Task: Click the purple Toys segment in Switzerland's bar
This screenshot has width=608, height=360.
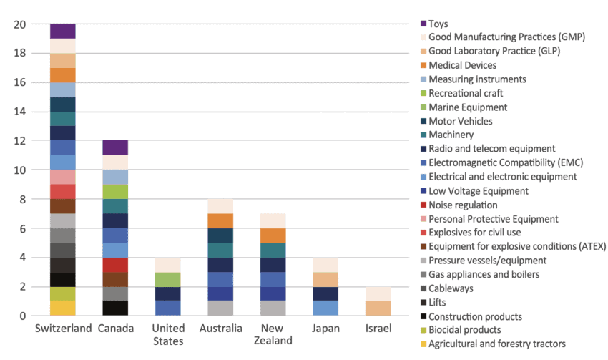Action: [x=63, y=31]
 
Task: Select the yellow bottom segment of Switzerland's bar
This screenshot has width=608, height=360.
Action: [x=63, y=308]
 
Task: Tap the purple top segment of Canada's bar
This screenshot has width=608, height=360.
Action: [x=115, y=147]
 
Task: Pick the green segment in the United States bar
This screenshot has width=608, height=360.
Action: [x=168, y=279]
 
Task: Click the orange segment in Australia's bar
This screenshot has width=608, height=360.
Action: [x=220, y=220]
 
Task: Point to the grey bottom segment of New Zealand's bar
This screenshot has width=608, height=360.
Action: [x=273, y=308]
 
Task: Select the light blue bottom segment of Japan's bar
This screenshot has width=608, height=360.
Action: [x=325, y=308]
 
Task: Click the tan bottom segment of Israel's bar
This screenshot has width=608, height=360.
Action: [x=378, y=308]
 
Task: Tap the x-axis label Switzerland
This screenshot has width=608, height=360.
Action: [x=64, y=329]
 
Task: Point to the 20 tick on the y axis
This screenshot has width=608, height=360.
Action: [x=19, y=24]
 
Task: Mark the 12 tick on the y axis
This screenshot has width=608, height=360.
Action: [x=19, y=141]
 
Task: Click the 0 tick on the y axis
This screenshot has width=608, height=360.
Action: [x=23, y=316]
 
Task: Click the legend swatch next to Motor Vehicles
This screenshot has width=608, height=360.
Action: [x=423, y=121]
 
